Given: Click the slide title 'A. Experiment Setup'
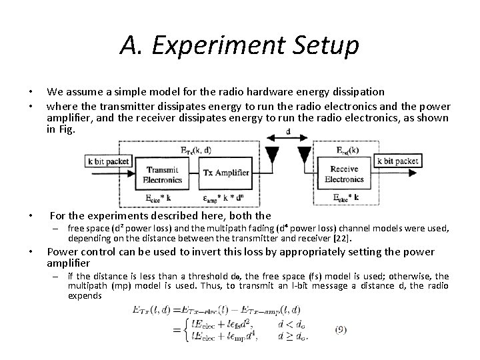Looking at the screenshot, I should click(240, 45).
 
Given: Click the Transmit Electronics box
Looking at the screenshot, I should click(163, 174).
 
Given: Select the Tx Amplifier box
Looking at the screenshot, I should click(227, 173).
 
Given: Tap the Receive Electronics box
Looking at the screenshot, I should click(344, 174).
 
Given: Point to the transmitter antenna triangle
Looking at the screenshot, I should click(272, 155).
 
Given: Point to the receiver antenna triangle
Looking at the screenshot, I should click(304, 155).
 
